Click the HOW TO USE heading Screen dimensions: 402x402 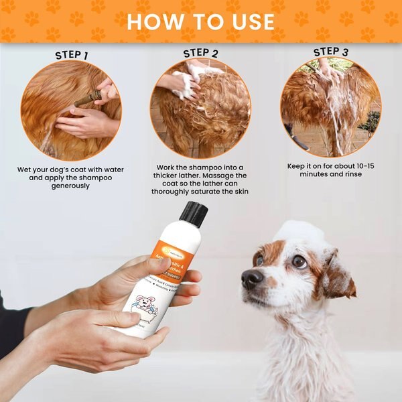201,21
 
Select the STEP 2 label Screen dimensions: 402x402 200,53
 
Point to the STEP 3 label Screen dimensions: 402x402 330,52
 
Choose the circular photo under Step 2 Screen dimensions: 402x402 200,107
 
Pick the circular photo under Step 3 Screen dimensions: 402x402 330,107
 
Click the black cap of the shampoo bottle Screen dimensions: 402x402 194,214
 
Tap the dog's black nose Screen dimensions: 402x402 252,279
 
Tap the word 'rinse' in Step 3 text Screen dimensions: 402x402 349,174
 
